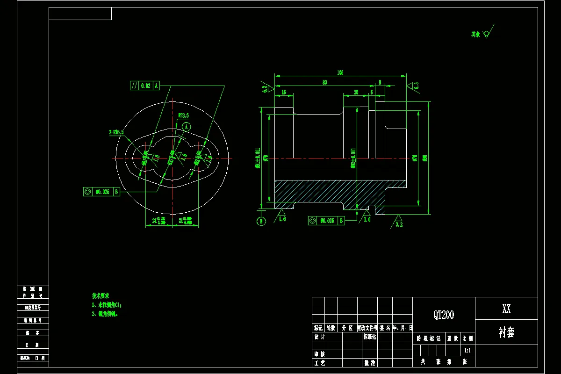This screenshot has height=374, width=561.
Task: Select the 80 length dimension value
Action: [x=324, y=82]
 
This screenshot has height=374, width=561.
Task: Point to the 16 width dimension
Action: [x=284, y=92]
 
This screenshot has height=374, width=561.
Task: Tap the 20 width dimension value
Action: [x=356, y=92]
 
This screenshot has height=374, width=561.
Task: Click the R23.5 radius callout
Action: [x=183, y=115]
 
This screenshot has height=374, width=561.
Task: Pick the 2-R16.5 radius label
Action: [x=116, y=132]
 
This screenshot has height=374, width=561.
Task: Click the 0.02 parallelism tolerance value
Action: [x=145, y=86]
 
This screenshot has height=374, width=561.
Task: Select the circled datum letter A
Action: [x=187, y=127]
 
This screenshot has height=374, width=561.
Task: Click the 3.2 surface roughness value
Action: [x=399, y=224]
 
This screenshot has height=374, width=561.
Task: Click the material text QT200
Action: [x=444, y=315]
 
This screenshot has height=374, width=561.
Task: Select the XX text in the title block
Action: [x=506, y=309]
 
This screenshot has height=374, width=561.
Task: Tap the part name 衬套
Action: [x=506, y=332]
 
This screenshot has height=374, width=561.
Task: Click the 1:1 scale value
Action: [x=467, y=350]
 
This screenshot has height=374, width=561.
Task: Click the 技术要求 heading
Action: [x=101, y=296]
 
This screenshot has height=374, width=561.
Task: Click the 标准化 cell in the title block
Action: [x=370, y=337]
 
